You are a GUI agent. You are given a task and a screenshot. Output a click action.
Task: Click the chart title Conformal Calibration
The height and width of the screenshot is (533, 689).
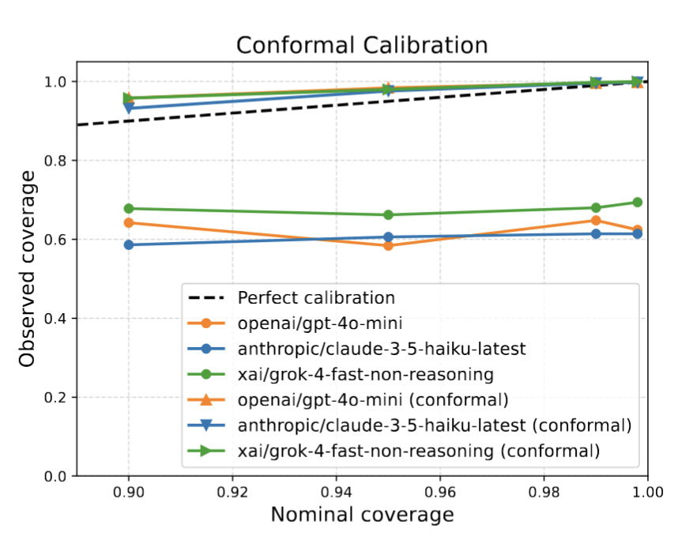point(362,45)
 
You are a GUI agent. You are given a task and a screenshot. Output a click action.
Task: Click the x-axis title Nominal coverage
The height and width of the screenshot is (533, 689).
point(362,515)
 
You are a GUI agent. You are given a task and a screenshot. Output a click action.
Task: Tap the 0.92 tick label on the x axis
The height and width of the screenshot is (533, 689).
point(232,493)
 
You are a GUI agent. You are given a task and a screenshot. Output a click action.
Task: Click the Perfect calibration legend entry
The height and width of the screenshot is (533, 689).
point(316,298)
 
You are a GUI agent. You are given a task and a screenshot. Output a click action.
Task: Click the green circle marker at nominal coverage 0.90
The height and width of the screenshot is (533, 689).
point(128,209)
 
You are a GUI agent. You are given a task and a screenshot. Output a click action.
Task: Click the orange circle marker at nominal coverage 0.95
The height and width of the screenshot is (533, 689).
point(388,246)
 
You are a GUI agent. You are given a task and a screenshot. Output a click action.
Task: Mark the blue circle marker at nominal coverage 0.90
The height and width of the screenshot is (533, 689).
point(128,245)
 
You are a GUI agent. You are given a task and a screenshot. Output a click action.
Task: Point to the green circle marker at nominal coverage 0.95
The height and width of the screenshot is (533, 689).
point(388,215)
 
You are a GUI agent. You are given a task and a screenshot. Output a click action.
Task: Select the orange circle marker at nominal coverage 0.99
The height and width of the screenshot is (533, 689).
point(596,221)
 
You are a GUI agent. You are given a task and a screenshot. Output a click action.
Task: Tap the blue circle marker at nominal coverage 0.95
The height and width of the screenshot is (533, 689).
point(388,237)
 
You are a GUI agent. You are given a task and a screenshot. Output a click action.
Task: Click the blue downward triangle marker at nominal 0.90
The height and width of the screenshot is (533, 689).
point(128,108)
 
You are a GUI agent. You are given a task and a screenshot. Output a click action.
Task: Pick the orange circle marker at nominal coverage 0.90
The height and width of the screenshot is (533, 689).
point(128,223)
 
